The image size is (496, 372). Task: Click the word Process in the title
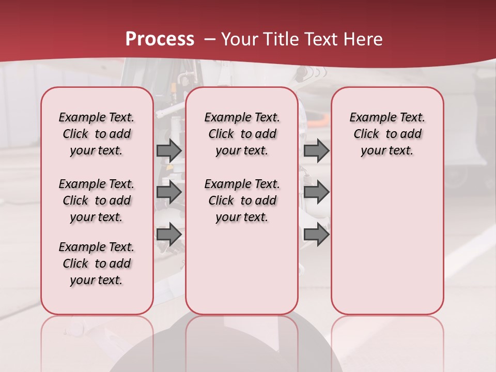coord(160,39)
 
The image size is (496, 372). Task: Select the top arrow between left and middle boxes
coord(169,150)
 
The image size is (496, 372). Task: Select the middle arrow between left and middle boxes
coord(169,192)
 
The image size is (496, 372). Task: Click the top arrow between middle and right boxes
coord(316,150)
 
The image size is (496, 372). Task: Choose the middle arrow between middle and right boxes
coord(316,192)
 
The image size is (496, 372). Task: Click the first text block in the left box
coord(97,134)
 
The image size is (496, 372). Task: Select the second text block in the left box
coord(97,200)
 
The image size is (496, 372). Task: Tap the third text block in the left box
coord(97,263)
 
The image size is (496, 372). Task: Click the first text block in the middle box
coord(242,134)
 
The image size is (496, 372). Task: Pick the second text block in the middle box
coord(242,200)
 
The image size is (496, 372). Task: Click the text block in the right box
coord(387,134)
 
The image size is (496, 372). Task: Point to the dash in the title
coord(210,39)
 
